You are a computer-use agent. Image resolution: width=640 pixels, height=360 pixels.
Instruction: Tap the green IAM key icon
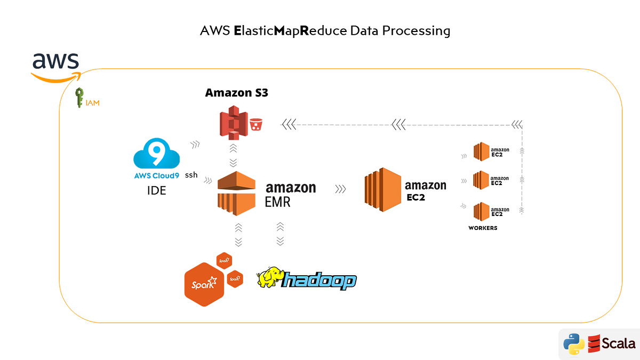(x=79, y=98)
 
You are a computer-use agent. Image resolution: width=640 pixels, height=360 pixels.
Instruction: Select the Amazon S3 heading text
(x=236, y=93)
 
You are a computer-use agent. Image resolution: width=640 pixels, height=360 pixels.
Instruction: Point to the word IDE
(x=156, y=190)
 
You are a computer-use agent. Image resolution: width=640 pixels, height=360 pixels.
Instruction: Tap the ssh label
(x=191, y=175)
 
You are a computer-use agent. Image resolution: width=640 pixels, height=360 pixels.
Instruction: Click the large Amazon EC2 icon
(x=382, y=188)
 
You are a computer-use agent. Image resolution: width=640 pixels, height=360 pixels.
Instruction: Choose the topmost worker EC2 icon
(x=481, y=151)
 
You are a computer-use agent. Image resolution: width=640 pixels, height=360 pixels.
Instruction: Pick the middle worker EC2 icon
(x=481, y=180)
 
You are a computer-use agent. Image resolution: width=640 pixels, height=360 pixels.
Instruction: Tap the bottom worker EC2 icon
(x=481, y=211)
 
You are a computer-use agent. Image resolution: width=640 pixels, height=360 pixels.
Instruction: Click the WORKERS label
(x=483, y=228)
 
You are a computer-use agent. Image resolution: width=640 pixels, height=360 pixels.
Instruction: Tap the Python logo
(x=573, y=344)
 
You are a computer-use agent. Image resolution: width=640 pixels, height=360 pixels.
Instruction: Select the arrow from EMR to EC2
(x=340, y=189)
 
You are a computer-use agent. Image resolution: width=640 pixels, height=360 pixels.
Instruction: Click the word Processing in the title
(x=419, y=30)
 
